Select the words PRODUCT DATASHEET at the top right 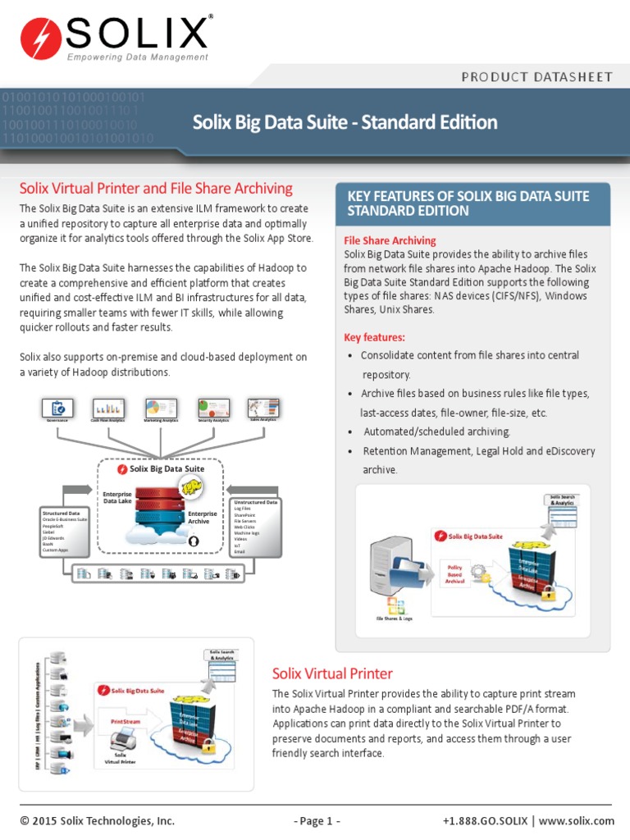click(536, 77)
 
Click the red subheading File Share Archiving click(390, 240)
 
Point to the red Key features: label click(374, 337)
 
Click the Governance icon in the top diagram click(57, 408)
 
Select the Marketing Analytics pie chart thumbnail click(161, 408)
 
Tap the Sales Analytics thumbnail click(262, 408)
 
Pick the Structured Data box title click(59, 514)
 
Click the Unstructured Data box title click(255, 501)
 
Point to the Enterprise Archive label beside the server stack click(203, 518)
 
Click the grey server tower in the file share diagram click(386, 566)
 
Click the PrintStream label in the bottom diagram click(126, 721)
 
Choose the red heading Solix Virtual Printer click(332, 673)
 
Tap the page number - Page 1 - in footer click(316, 820)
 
